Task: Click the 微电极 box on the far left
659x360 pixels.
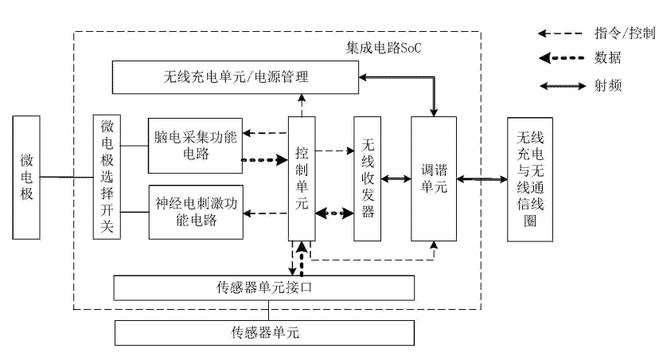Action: click(27, 177)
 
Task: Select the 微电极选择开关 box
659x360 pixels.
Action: click(106, 177)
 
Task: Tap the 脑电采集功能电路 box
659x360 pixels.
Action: click(194, 146)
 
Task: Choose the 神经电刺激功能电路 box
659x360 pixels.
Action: click(194, 211)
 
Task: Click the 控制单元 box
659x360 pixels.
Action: click(302, 178)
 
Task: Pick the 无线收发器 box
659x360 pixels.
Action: click(368, 178)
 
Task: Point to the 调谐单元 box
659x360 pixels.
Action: click(434, 178)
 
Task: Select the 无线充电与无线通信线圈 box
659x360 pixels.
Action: click(535, 178)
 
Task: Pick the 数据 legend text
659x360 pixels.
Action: click(608, 58)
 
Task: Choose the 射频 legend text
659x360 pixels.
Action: click(608, 84)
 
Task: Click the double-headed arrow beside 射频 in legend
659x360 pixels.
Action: click(561, 84)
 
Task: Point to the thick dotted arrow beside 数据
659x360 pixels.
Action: click(561, 58)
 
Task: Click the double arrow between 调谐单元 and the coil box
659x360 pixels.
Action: click(482, 179)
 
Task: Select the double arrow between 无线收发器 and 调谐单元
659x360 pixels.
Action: click(396, 179)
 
